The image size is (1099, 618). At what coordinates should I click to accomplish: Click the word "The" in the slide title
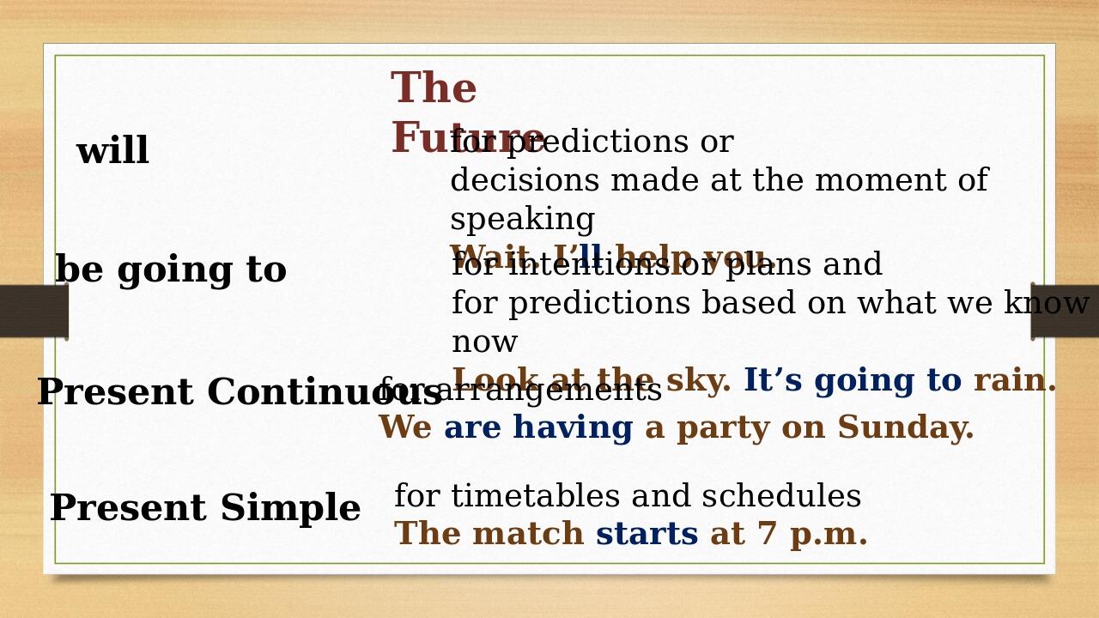click(x=434, y=89)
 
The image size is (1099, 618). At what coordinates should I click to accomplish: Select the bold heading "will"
click(x=112, y=152)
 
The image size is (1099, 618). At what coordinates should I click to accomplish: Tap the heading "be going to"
click(x=170, y=270)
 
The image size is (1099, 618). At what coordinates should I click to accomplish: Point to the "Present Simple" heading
click(x=204, y=508)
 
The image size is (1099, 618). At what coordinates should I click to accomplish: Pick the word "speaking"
click(x=522, y=220)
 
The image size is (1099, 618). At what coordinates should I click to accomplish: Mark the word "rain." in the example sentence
click(x=1015, y=381)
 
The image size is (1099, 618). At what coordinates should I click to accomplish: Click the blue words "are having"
click(x=538, y=428)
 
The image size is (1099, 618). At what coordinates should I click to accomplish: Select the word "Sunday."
click(x=906, y=428)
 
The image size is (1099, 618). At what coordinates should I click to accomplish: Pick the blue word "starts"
click(x=647, y=535)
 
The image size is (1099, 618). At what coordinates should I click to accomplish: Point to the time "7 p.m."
click(x=812, y=535)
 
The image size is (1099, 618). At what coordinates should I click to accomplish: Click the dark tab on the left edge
click(x=33, y=311)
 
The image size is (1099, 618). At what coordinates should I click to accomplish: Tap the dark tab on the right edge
click(x=1065, y=311)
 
